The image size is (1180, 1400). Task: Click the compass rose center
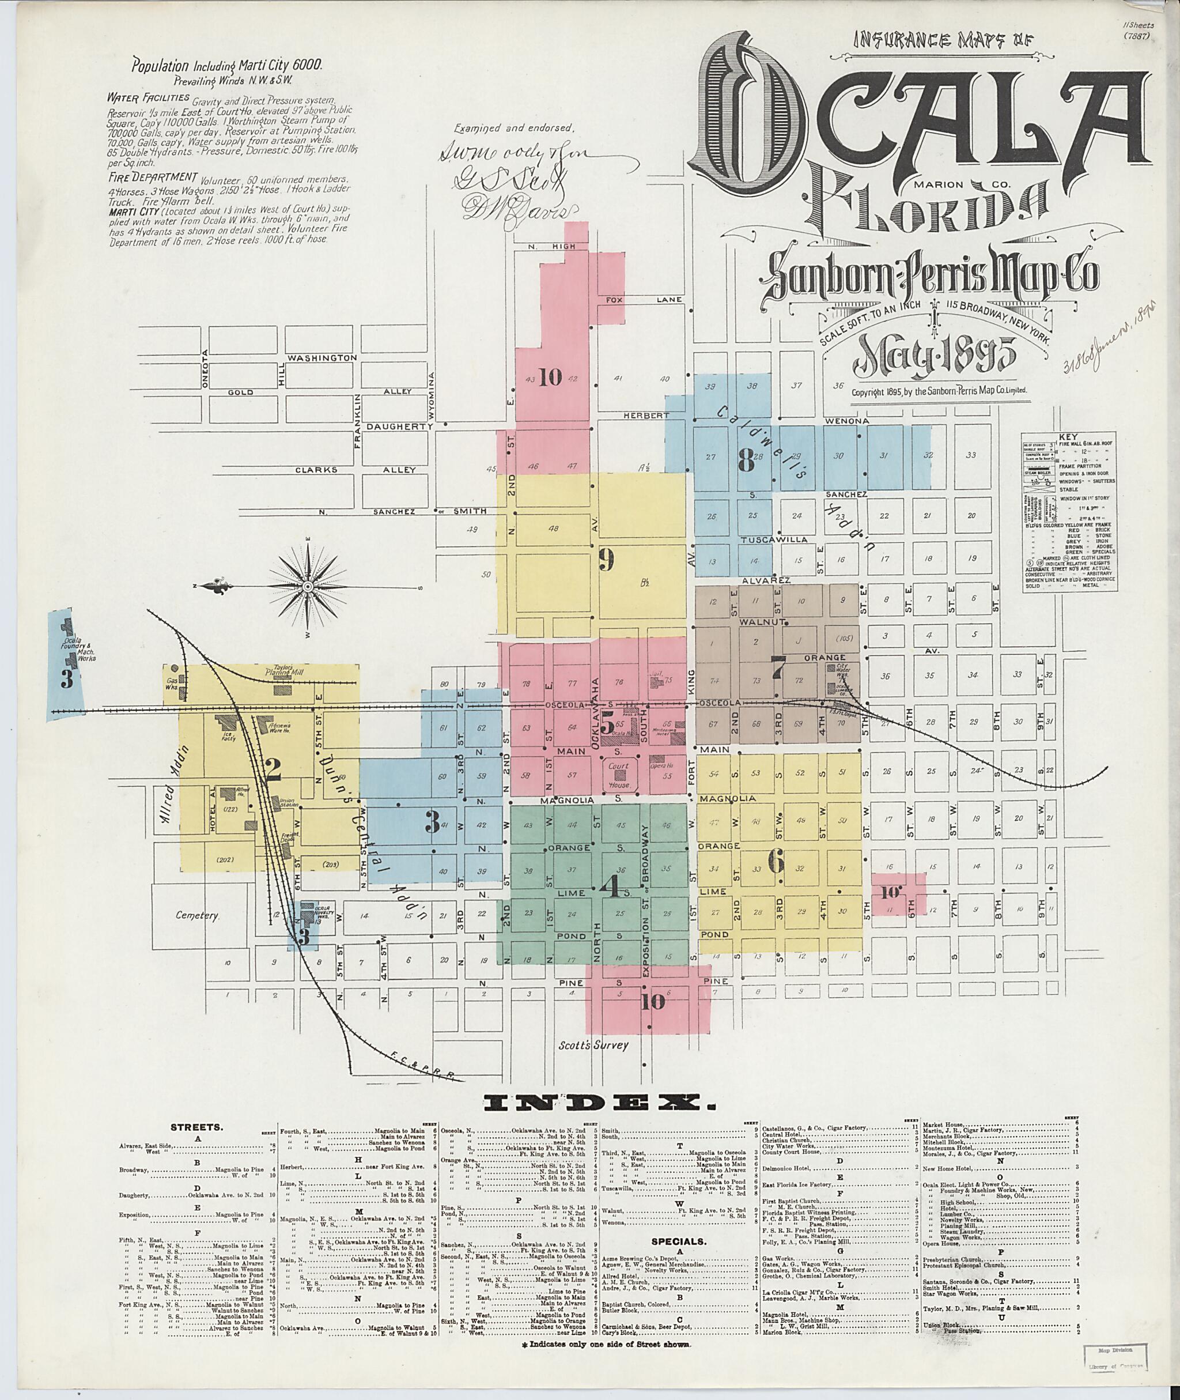coord(308,586)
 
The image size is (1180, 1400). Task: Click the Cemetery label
coord(196,915)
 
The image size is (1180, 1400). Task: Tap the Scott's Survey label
coord(593,1044)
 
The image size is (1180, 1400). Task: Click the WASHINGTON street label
coord(323,358)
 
